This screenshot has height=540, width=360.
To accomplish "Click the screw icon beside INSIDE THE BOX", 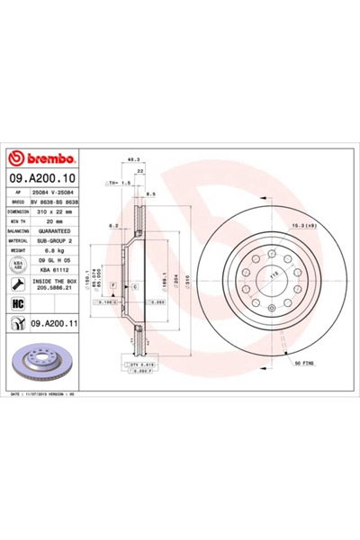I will tap(14, 283).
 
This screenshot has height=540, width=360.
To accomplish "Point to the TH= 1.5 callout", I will tap(119, 183).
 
